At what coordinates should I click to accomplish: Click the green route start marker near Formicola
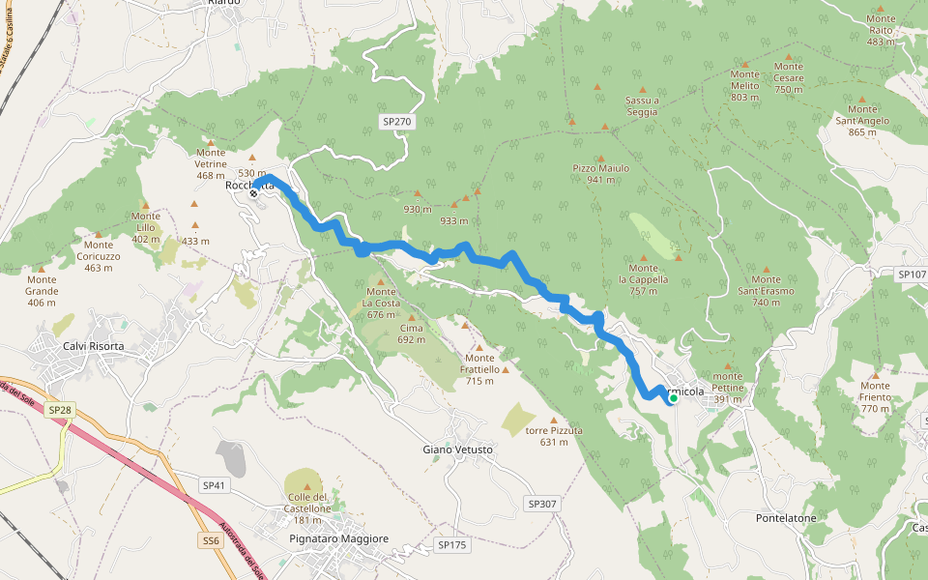tap(673, 397)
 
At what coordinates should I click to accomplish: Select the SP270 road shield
tap(396, 122)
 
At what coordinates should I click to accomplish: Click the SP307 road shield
tap(543, 504)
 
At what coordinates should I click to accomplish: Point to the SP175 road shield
tap(451, 545)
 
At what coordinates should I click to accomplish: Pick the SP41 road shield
tap(214, 484)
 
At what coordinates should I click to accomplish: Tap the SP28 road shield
tap(60, 410)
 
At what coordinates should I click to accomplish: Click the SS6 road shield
tap(212, 541)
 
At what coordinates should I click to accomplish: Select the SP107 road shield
tap(912, 275)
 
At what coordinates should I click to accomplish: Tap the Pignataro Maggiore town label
tap(338, 538)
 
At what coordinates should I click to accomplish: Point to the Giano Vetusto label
tap(458, 449)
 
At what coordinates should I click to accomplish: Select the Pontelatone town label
tap(786, 518)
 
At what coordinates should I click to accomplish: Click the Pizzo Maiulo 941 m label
tap(600, 174)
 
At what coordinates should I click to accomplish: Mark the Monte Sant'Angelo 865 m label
tap(861, 126)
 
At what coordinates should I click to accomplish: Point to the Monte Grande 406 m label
tap(42, 297)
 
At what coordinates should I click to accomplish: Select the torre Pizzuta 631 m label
tap(553, 436)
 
